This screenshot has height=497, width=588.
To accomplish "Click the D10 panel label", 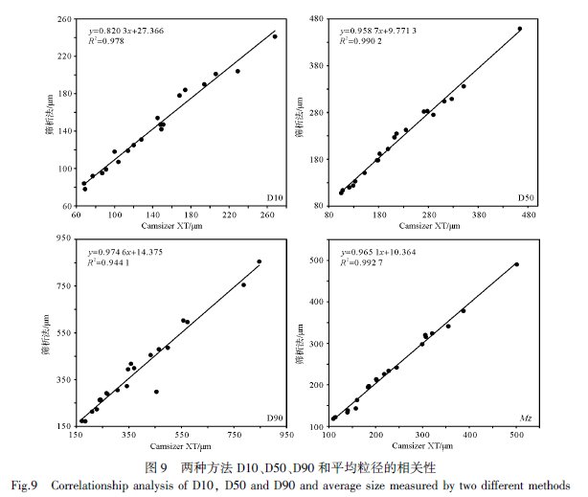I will tap(273, 198).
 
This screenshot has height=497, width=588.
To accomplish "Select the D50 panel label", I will tap(526, 198).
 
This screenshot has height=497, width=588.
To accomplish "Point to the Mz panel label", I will tap(526, 418).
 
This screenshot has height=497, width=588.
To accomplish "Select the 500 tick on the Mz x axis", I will tap(516, 436).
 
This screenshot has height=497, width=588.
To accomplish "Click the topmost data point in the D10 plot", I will tap(275, 36).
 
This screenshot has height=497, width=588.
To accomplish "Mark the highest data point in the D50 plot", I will tap(520, 29).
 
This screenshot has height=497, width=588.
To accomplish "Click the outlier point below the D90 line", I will tap(156, 392).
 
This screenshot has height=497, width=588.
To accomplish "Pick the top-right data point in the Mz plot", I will tap(516, 264).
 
